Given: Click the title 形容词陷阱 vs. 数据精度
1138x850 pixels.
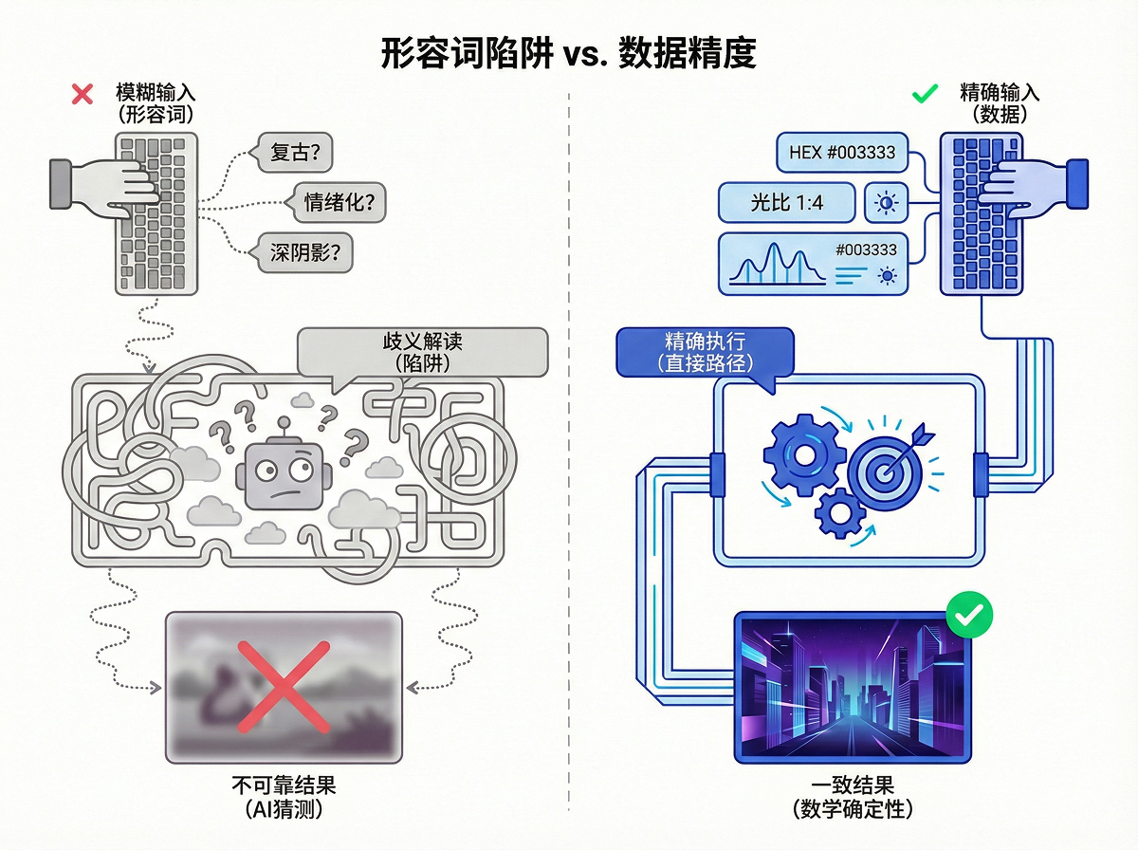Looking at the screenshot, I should click(x=568, y=54).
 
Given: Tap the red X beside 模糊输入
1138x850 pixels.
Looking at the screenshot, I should click(x=83, y=93).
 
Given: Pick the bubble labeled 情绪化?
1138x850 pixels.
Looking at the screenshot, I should click(x=338, y=202).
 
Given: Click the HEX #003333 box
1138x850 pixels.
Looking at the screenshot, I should click(x=842, y=152).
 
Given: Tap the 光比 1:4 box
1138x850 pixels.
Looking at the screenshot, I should click(x=787, y=202).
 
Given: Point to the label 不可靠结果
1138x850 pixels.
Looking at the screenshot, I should click(x=283, y=786).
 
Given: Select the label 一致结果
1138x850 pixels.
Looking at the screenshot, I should click(x=853, y=786).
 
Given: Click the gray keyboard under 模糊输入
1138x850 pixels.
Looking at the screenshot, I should click(x=158, y=212).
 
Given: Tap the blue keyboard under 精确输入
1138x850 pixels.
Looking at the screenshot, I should click(x=982, y=212).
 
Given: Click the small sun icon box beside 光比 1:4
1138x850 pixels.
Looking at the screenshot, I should click(x=887, y=202).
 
